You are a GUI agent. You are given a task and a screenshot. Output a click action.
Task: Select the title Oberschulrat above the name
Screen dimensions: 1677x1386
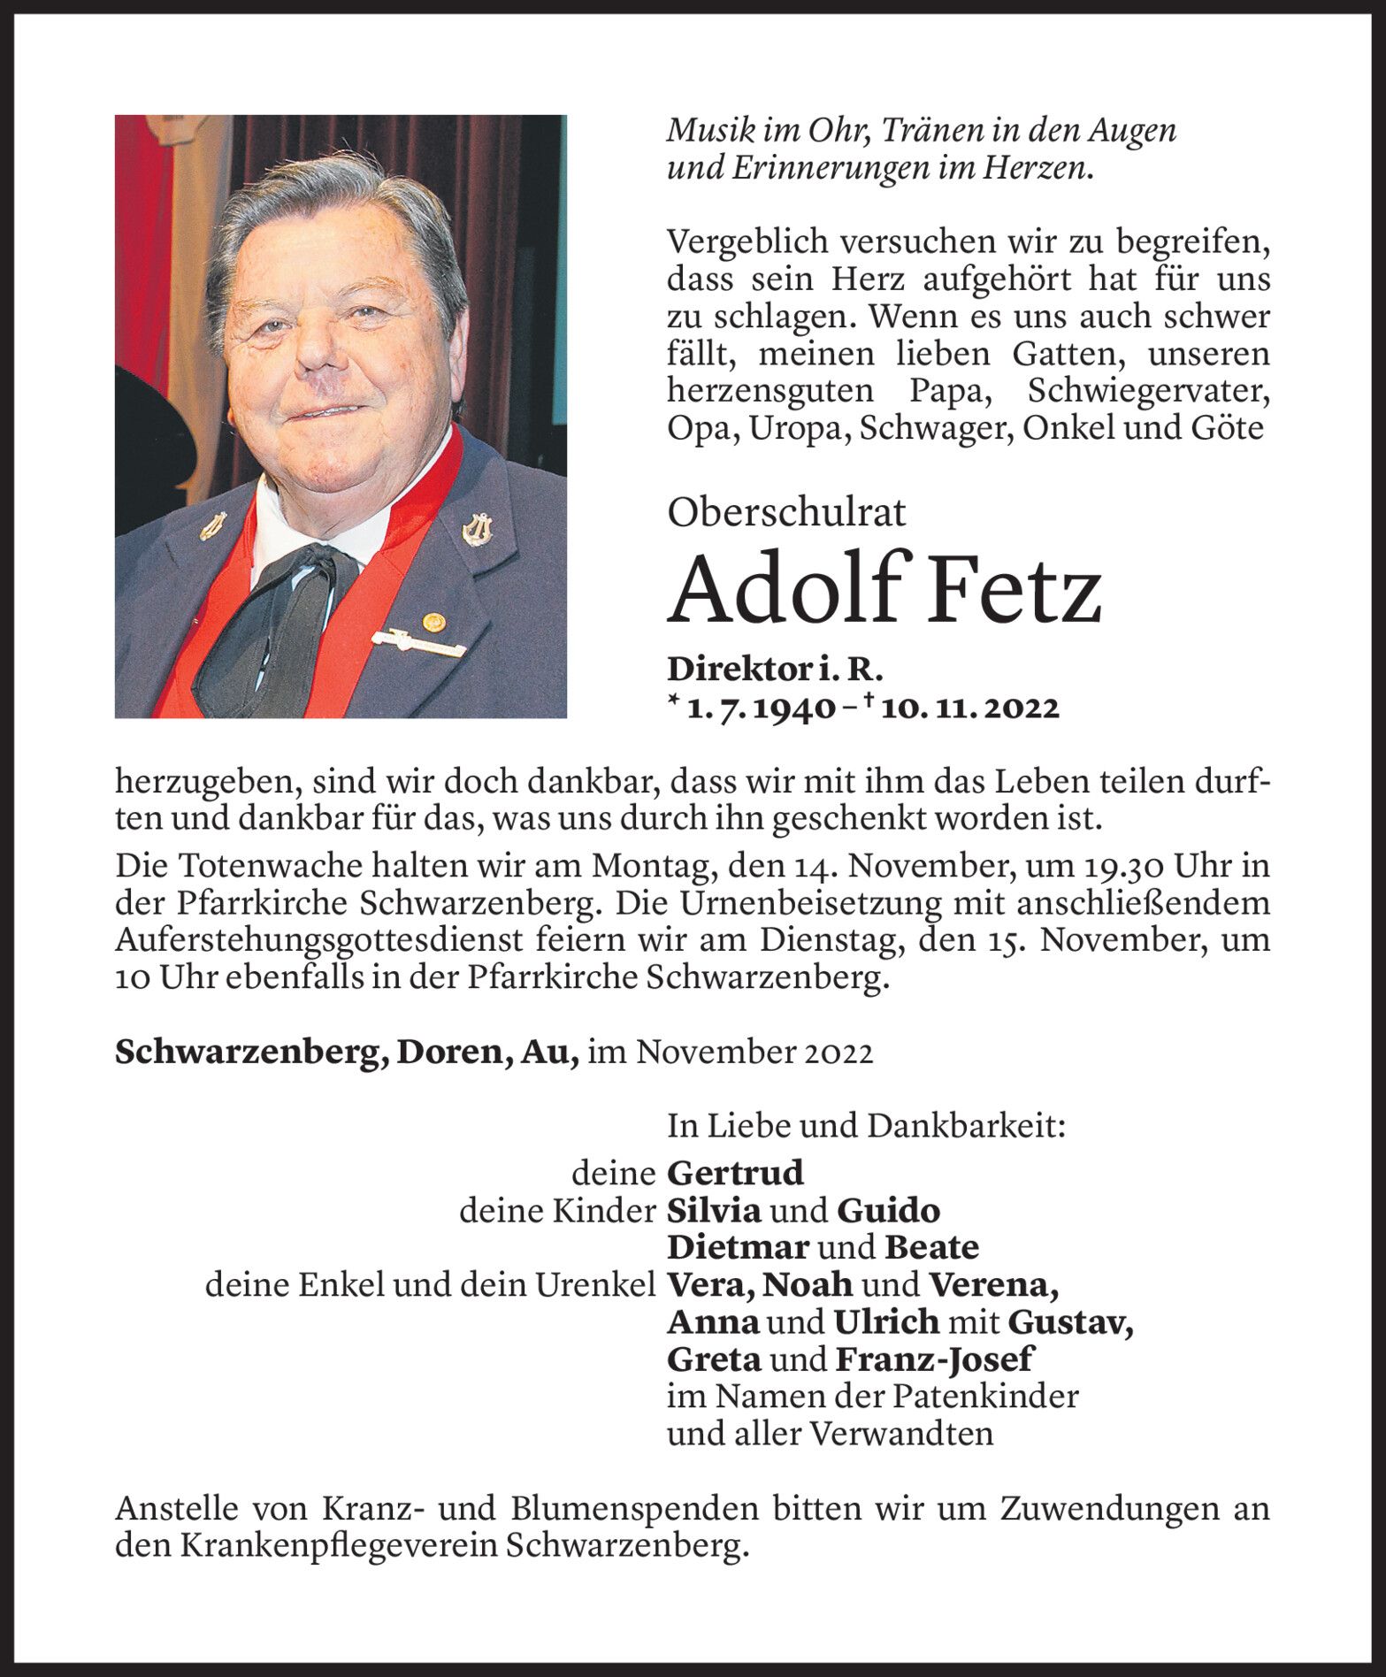tap(787, 513)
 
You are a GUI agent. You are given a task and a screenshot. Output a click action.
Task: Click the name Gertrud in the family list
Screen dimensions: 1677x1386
tap(735, 1173)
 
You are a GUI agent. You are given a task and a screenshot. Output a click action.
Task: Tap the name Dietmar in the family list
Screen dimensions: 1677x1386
tap(738, 1247)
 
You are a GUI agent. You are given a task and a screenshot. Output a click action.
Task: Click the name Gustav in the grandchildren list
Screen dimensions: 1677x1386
tap(1069, 1321)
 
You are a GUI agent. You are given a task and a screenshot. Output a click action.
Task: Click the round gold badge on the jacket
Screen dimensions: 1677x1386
tap(432, 621)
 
